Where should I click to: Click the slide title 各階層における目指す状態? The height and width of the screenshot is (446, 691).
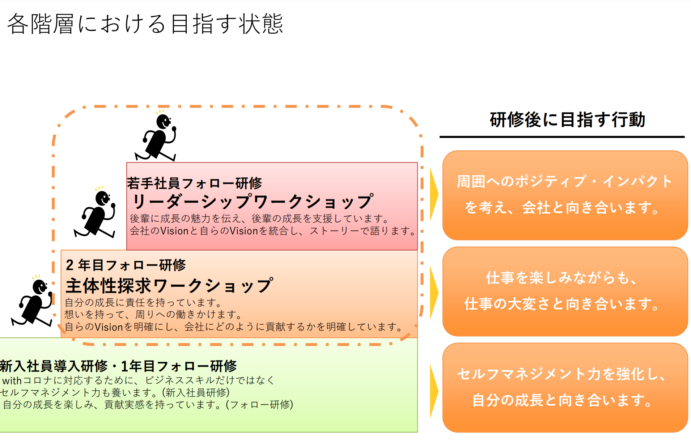click(145, 24)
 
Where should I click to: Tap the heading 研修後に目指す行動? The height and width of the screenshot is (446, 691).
click(567, 119)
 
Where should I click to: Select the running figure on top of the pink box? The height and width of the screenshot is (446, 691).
click(157, 137)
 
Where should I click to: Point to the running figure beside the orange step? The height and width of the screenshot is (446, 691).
click(33, 302)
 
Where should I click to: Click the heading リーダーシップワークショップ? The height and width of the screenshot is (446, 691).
click(252, 201)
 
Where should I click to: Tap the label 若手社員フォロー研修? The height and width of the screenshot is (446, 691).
click(195, 183)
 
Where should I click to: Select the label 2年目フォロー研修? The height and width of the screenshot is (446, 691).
click(126, 265)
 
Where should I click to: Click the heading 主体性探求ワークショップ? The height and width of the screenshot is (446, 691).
click(169, 286)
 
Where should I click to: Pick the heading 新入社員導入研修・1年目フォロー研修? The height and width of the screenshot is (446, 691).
click(118, 366)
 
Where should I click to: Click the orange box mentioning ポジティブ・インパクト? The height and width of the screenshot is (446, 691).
click(565, 195)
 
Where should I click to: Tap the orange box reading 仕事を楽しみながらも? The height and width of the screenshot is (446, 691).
click(565, 291)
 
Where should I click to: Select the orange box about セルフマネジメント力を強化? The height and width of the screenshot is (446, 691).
click(565, 387)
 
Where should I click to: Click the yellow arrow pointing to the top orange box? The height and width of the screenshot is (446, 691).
click(433, 194)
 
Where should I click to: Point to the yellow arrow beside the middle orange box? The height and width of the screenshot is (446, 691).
click(433, 293)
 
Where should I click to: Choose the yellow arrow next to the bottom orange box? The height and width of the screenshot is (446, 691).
click(433, 391)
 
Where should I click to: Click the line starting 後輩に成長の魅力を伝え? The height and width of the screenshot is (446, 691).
click(260, 218)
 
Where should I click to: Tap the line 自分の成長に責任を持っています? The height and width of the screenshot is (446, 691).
click(143, 302)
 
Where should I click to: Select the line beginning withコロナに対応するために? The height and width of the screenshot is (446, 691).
click(138, 380)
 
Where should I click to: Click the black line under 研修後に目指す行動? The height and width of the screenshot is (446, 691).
click(562, 137)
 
